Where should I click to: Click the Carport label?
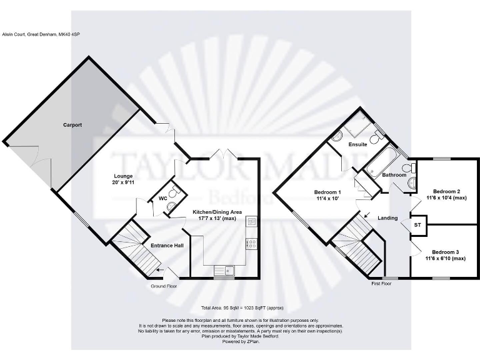click(x=72, y=125)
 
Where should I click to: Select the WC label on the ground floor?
click(x=162, y=198)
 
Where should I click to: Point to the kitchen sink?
click(x=222, y=270)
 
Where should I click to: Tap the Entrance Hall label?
click(x=167, y=246)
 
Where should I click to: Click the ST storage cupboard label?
click(x=417, y=224)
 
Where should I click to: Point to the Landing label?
click(x=387, y=217)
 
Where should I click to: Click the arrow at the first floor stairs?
click(x=366, y=217)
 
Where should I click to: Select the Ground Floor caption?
click(x=164, y=286)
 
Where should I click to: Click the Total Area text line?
click(x=240, y=309)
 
